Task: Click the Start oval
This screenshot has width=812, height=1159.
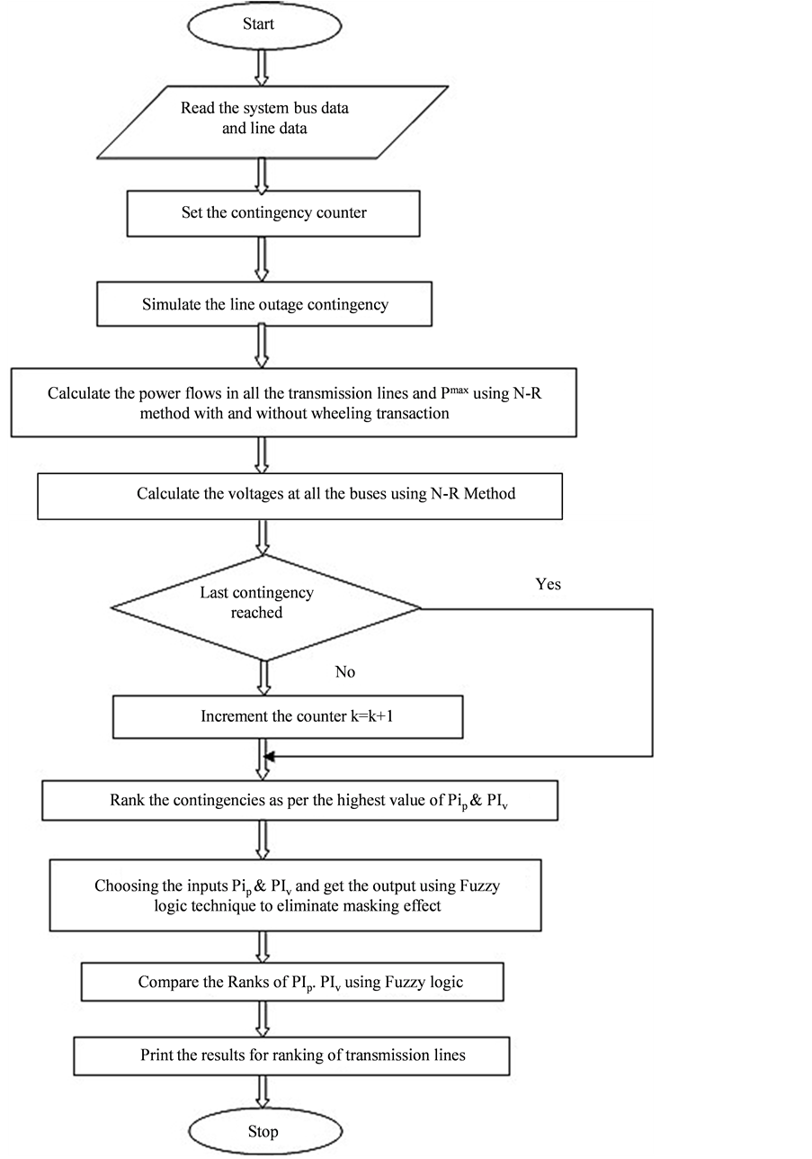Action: (x=264, y=25)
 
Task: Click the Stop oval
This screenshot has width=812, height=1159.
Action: (x=265, y=1131)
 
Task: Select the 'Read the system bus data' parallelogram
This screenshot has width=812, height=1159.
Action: (x=272, y=122)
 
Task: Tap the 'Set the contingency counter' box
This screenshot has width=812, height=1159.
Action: (x=273, y=213)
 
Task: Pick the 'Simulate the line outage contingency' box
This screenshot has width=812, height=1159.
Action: (x=264, y=304)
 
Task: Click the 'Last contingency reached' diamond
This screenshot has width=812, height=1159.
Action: (x=266, y=608)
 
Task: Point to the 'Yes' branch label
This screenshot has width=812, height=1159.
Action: (x=549, y=584)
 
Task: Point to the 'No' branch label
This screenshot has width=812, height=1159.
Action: (x=345, y=672)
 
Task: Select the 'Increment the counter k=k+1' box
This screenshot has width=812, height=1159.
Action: (x=288, y=716)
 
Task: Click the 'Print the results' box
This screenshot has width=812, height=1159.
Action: (x=291, y=1056)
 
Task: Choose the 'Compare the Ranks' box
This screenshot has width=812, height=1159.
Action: (x=293, y=982)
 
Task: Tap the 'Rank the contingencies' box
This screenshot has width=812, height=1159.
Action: (x=300, y=801)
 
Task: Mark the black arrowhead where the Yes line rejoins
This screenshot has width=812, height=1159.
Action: (x=269, y=757)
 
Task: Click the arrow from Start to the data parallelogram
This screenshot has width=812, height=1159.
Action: (x=263, y=67)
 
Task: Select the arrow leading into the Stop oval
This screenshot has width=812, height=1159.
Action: (x=263, y=1092)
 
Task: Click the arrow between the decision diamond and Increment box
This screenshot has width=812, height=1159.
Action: (x=263, y=678)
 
